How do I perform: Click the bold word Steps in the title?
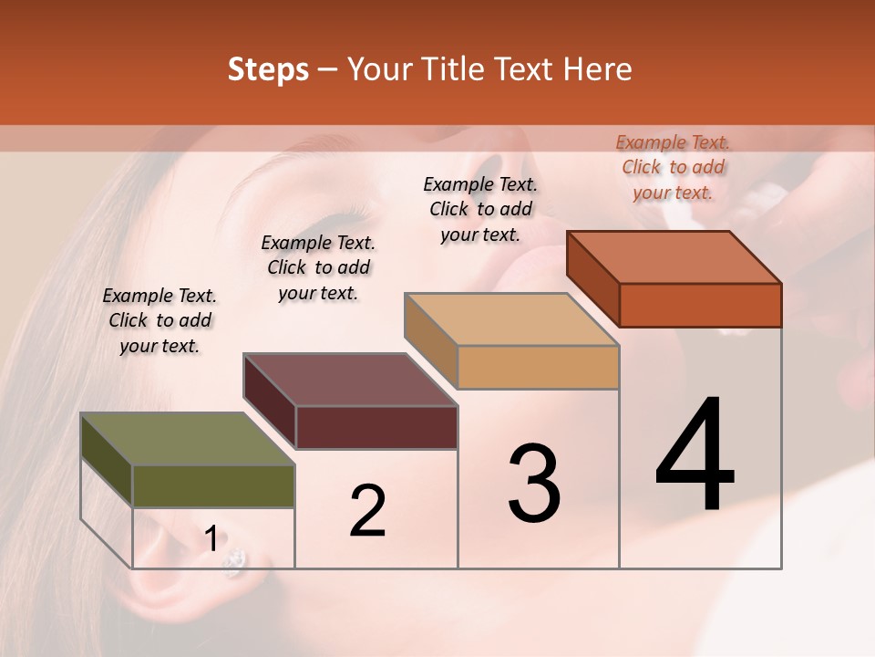tap(268, 69)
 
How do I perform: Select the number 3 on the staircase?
tap(534, 484)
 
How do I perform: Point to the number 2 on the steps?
tap(367, 511)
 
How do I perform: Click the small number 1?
tap(211, 539)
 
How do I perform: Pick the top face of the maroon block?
tap(349, 380)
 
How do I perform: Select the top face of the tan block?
tap(511, 319)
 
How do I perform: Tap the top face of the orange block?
tap(674, 257)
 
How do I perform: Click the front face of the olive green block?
tap(213, 485)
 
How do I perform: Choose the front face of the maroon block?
tap(376, 427)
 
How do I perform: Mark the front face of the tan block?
tap(538, 368)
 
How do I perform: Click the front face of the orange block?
tap(700, 305)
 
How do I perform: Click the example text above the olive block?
tap(160, 320)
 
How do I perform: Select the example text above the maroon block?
tap(318, 267)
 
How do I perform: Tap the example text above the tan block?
tap(480, 209)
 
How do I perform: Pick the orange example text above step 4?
tap(673, 167)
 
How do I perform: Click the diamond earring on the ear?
tap(235, 561)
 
